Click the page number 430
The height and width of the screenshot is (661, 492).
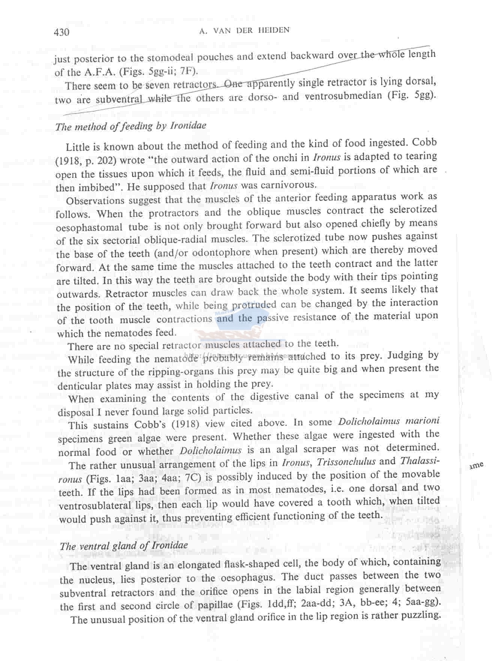tap(61, 32)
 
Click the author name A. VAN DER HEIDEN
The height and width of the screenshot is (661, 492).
tap(244, 31)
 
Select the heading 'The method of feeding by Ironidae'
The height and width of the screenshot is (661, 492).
tap(130, 126)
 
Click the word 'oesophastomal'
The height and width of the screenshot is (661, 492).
tap(89, 228)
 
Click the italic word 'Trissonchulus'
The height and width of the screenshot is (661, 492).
tap(346, 462)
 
